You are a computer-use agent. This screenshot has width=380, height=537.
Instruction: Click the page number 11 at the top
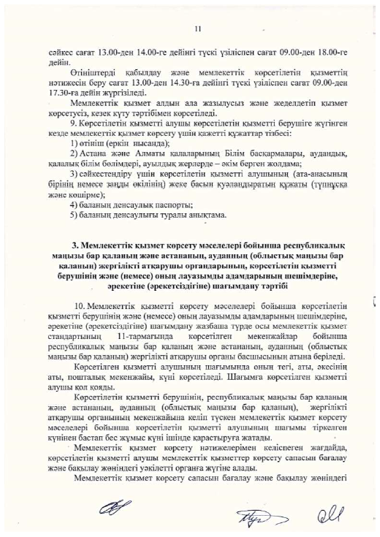coord(197,28)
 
